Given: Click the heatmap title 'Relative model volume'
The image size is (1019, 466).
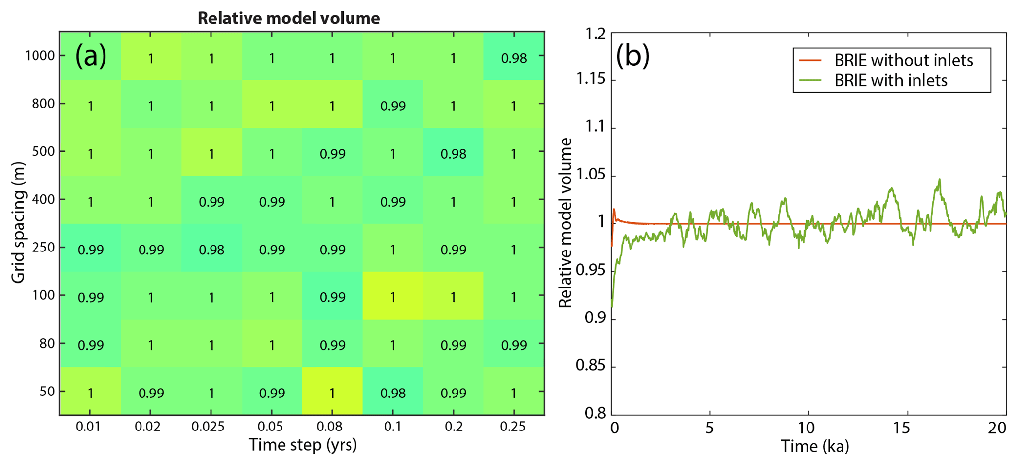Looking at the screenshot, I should pyautogui.click(x=288, y=18).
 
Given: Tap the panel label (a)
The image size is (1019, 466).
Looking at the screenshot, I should pyautogui.click(x=91, y=56).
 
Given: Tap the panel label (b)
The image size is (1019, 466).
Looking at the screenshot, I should pyautogui.click(x=632, y=56).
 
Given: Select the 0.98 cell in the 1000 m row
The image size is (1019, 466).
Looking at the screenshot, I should pyautogui.click(x=514, y=58).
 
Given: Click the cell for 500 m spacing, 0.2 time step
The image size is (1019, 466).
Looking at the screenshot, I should pyautogui.click(x=453, y=154).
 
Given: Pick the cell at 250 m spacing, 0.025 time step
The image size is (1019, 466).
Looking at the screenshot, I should pyautogui.click(x=211, y=250).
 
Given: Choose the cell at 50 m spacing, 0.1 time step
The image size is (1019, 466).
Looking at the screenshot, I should pyautogui.click(x=393, y=393).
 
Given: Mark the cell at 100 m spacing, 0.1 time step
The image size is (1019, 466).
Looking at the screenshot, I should pyautogui.click(x=393, y=297).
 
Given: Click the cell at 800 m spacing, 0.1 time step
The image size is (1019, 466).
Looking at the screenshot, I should pyautogui.click(x=393, y=106).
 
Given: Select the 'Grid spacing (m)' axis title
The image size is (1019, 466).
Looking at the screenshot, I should pyautogui.click(x=18, y=222).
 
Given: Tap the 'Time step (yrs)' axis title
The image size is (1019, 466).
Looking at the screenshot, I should pyautogui.click(x=302, y=445).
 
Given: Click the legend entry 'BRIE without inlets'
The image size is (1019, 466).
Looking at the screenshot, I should pyautogui.click(x=903, y=60).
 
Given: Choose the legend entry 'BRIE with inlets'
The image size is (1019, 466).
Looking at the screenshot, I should pyautogui.click(x=890, y=80).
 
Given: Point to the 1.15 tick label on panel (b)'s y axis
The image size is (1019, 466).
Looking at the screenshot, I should pyautogui.click(x=591, y=80).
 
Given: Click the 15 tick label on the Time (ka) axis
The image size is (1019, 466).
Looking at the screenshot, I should pyautogui.click(x=901, y=428).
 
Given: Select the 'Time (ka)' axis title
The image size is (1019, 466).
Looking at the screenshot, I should pyautogui.click(x=814, y=446).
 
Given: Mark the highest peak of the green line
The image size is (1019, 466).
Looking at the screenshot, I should pyautogui.click(x=940, y=179).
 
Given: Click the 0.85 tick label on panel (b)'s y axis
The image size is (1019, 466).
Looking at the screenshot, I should pyautogui.click(x=591, y=366).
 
